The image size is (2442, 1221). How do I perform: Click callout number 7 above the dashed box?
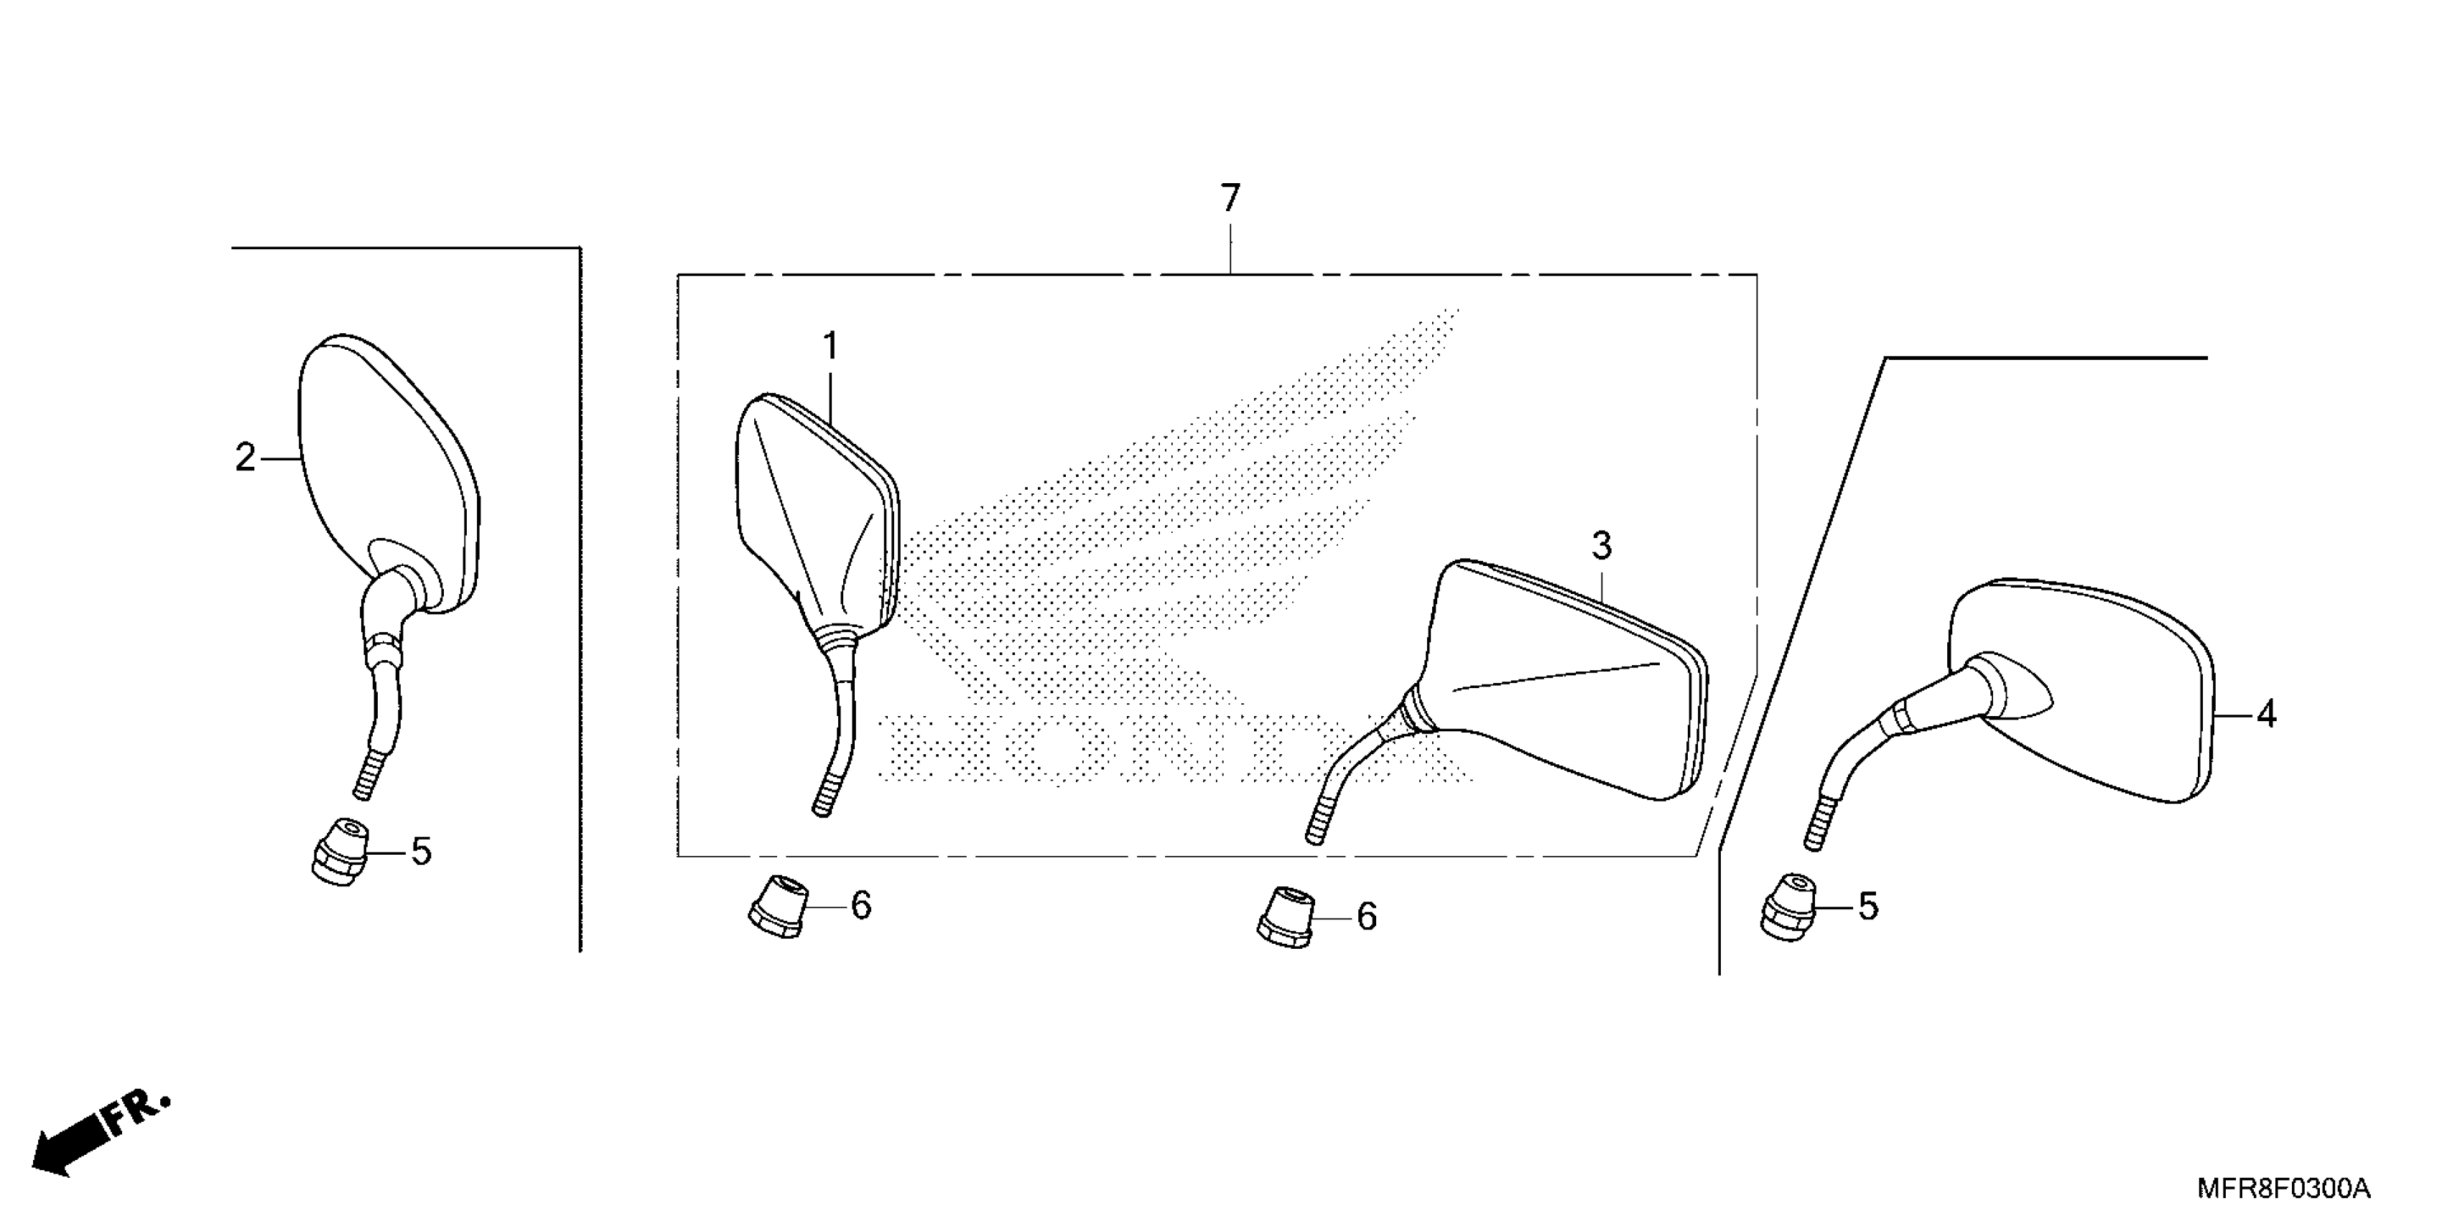1230,199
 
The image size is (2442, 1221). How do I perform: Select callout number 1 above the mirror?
830,347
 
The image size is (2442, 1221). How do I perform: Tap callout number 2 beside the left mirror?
246,459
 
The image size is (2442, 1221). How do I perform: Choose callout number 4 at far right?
2266,714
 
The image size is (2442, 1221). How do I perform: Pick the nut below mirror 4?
1786,906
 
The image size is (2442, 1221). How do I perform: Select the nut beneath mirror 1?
779,906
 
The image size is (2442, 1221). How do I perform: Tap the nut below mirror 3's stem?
1286,916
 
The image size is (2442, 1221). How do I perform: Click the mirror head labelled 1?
815,512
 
